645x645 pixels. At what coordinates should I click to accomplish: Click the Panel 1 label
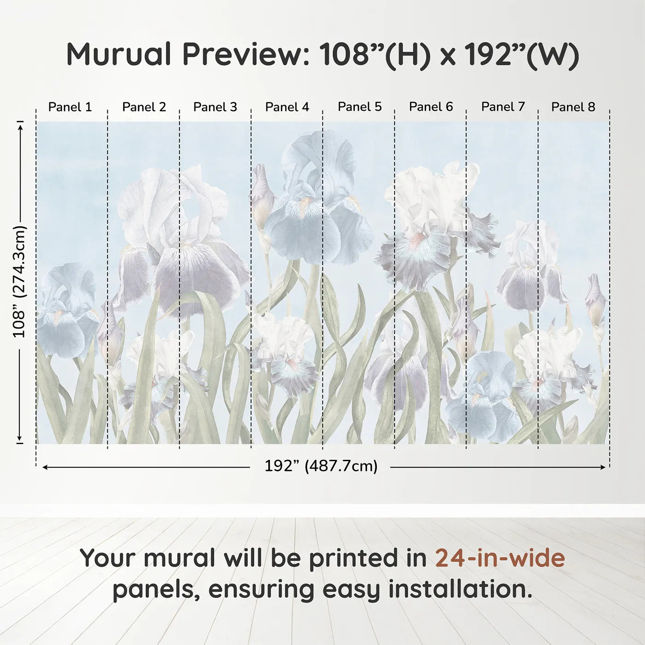click(70, 107)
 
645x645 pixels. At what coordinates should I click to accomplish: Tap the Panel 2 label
click(144, 107)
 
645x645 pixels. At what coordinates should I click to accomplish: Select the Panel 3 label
click(215, 107)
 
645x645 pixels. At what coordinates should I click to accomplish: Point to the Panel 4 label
click(287, 107)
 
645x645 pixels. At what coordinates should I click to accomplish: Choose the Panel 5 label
click(360, 107)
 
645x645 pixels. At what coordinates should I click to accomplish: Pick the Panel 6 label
click(431, 107)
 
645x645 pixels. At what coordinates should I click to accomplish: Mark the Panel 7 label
click(503, 107)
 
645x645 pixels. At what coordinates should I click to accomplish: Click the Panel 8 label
click(574, 107)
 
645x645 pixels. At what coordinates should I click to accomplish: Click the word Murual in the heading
click(119, 54)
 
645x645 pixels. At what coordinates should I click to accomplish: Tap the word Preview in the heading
click(243, 54)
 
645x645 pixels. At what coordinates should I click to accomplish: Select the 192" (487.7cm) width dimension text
click(321, 466)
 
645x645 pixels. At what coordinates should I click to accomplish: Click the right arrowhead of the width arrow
click(604, 467)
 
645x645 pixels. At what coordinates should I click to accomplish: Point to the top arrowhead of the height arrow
click(20, 128)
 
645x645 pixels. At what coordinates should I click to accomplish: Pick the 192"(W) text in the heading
click(522, 55)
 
